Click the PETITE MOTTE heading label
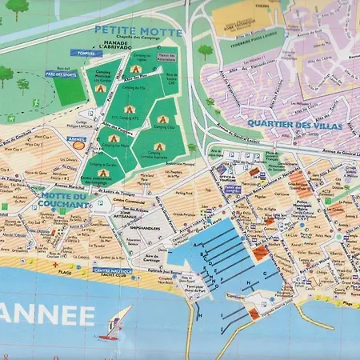coord(138,31)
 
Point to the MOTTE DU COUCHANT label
coord(63,200)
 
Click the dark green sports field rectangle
coord(70,90)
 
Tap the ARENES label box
coord(77,138)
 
